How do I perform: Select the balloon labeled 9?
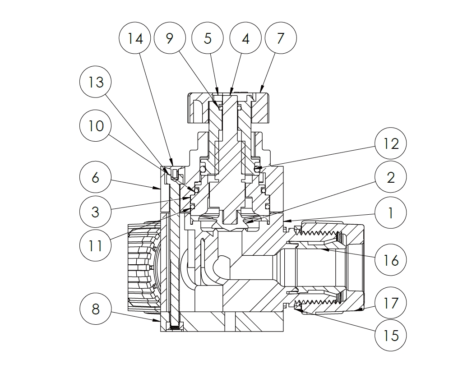point(170,38)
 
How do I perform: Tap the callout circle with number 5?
point(208,38)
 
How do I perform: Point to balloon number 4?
point(245,38)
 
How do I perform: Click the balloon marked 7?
point(281,38)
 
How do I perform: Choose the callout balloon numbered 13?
point(95,82)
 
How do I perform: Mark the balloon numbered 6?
point(95,177)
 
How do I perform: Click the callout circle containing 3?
point(95,212)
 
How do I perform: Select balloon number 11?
point(95,246)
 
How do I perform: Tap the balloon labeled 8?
point(95,309)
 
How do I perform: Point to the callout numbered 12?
point(391,143)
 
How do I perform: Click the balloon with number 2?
point(391,177)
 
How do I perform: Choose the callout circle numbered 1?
point(391,212)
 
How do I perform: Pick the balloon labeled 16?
point(391,260)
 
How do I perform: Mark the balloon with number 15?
point(391,336)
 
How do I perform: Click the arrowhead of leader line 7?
point(261,92)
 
